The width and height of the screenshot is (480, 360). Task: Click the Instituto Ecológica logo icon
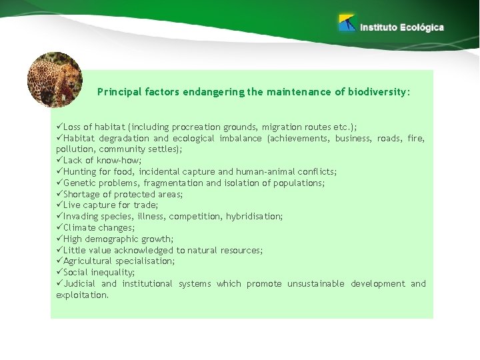click(347, 23)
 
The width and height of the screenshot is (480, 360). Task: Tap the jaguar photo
click(55, 79)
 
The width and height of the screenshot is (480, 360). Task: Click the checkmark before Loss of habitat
click(59, 127)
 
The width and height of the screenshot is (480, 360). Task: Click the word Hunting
click(81, 171)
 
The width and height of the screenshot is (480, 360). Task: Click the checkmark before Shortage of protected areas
click(59, 194)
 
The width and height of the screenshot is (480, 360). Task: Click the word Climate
click(80, 228)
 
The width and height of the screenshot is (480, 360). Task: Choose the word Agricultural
click(88, 261)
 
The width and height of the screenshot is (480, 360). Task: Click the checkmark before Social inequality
click(59, 273)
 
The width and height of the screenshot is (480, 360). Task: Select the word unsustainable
click(315, 284)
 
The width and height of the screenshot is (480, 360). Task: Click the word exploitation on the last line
click(81, 295)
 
